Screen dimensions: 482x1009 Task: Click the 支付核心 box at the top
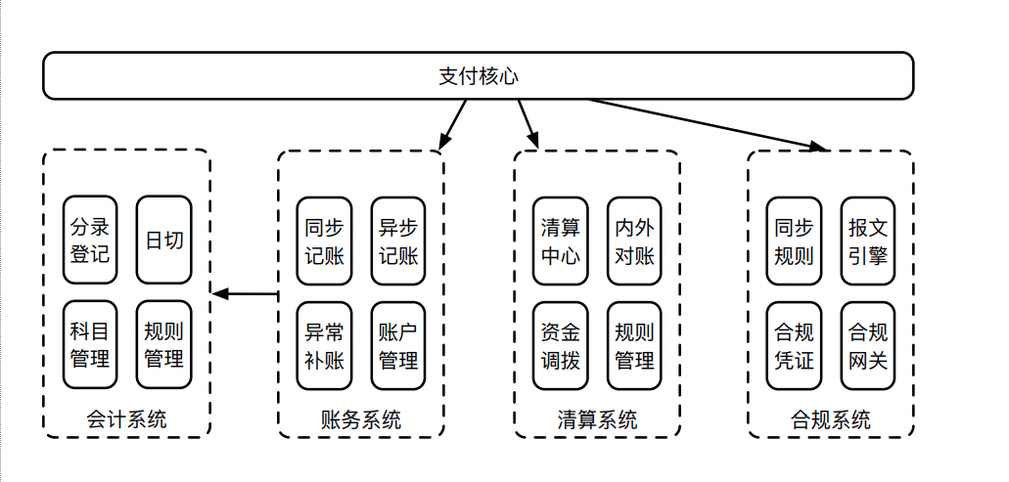478,76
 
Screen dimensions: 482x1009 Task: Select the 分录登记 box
90,241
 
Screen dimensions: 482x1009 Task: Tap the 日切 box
163,241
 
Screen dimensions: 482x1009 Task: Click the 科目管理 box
90,345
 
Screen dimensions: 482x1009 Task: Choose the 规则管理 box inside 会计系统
163,345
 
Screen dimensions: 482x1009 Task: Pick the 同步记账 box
325,241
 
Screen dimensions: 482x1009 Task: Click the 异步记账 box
398,241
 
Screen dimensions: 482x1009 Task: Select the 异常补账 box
325,345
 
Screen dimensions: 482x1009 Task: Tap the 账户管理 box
398,345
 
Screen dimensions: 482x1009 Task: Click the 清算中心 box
561,241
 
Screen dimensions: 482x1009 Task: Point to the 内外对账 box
634,241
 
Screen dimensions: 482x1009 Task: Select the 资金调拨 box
561,345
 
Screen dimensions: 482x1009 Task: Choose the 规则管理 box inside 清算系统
634,345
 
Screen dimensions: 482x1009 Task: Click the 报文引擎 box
868,241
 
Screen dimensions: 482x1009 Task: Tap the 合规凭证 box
794,345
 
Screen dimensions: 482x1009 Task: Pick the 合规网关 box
868,345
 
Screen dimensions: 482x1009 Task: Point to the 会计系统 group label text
126,419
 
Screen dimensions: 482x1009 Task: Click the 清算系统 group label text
597,419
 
